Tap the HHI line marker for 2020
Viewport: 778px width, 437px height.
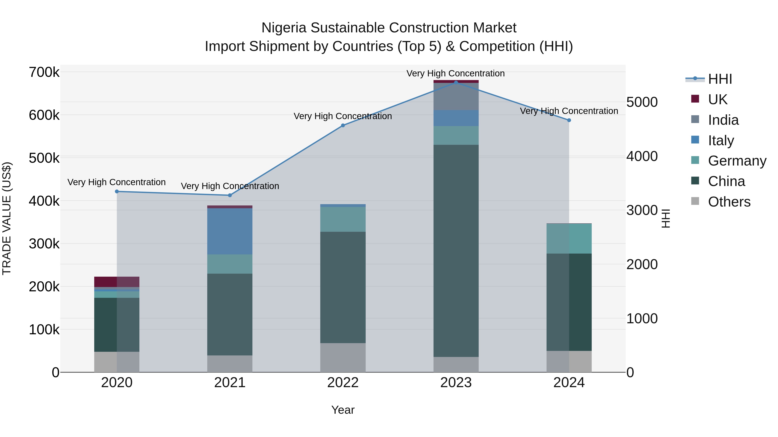[117, 191]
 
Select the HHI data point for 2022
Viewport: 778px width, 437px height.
[343, 125]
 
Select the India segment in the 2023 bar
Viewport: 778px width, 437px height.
[456, 96]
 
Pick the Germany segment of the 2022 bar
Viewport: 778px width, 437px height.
[343, 219]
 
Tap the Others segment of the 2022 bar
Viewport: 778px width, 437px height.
[343, 357]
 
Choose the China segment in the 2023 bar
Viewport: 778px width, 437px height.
[456, 250]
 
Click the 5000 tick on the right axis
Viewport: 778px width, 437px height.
[642, 102]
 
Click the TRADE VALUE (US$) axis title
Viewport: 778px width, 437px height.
[7, 218]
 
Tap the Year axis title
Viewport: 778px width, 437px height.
[343, 410]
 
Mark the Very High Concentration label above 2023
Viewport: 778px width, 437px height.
[455, 73]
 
